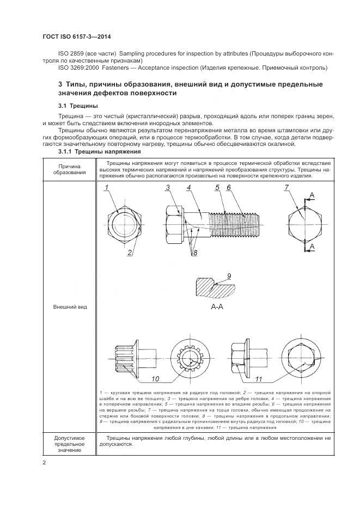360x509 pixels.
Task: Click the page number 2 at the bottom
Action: tap(44, 462)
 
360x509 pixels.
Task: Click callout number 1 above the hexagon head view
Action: tap(107, 188)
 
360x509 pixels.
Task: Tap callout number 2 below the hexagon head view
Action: tap(130, 252)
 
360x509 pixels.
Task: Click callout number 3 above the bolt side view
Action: tap(169, 188)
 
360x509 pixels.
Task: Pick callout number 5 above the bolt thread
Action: tap(217, 188)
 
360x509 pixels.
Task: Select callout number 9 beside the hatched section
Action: tap(229, 276)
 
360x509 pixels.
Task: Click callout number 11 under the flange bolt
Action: tap(259, 379)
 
